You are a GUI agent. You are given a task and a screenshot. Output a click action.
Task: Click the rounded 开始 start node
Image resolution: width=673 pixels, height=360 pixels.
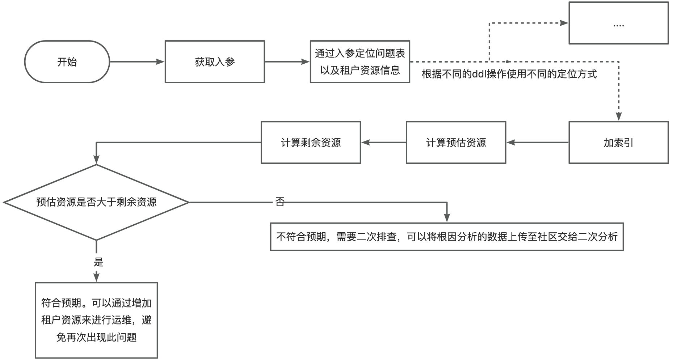[x=67, y=62]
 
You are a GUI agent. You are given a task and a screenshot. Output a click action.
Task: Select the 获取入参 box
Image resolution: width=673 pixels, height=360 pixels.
[x=215, y=62]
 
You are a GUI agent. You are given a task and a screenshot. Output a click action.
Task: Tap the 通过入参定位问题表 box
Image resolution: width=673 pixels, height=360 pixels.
[x=359, y=62]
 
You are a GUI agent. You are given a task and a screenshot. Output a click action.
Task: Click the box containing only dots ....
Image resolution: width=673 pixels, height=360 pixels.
[x=618, y=23]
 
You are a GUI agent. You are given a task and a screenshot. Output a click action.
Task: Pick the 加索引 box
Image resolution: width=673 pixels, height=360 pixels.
[x=618, y=143]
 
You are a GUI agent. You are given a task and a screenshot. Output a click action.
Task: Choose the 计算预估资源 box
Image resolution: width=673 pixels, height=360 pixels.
[x=456, y=143]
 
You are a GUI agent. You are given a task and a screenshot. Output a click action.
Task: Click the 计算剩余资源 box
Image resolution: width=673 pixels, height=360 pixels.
[x=311, y=143]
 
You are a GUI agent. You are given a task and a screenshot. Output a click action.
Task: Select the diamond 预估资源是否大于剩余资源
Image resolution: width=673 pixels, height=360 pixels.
[x=96, y=202]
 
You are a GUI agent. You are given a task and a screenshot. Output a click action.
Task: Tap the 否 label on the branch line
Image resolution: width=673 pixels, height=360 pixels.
[x=280, y=202]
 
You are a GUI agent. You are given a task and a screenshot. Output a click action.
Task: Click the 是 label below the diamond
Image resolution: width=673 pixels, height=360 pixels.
[x=98, y=262]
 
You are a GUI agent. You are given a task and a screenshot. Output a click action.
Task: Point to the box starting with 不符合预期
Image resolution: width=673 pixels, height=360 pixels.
[x=447, y=237]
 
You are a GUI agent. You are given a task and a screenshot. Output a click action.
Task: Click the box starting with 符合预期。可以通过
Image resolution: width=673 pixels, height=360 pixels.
[x=96, y=320]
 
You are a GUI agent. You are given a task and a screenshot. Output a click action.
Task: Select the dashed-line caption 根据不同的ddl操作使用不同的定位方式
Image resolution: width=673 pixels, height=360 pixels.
[x=509, y=74]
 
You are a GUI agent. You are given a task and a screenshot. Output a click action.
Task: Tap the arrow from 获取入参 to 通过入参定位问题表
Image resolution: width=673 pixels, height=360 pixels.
[x=287, y=62]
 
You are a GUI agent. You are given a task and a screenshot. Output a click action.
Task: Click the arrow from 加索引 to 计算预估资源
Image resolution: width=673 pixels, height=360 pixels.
[x=537, y=143]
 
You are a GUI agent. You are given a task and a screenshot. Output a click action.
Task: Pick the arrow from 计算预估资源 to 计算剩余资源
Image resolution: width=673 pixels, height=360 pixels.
[x=383, y=143]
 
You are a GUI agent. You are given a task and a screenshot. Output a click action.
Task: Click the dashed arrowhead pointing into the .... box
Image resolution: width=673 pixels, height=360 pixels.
[x=564, y=23]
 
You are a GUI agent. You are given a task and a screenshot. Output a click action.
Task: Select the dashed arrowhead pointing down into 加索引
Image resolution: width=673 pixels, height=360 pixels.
[x=618, y=116]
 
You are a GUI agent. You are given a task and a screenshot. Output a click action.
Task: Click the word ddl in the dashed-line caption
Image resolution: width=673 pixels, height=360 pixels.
[x=479, y=74]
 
